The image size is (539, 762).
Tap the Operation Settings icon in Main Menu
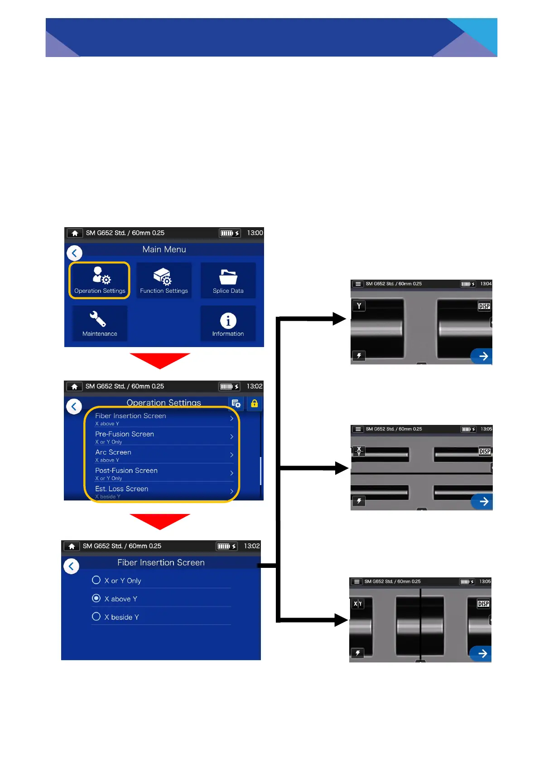click(x=100, y=280)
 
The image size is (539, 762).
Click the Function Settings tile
click(x=164, y=280)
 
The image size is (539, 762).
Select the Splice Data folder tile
click(x=228, y=280)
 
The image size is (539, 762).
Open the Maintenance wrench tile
click(x=100, y=323)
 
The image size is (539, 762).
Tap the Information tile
click(x=228, y=323)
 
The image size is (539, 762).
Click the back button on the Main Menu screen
click(x=74, y=253)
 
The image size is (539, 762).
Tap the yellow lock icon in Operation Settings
click(x=254, y=403)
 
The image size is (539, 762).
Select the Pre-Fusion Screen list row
click(x=163, y=437)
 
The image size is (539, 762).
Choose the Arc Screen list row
click(x=163, y=455)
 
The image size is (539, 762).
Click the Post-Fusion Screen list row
click(x=163, y=473)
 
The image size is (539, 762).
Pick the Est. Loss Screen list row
click(x=163, y=491)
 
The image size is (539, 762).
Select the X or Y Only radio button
click(x=96, y=580)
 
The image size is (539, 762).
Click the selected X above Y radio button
click(x=96, y=598)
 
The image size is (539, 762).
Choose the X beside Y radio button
click(x=96, y=616)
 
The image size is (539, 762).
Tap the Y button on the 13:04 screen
click(x=359, y=306)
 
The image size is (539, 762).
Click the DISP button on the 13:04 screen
click(x=484, y=306)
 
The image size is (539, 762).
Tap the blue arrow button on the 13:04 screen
click(x=482, y=356)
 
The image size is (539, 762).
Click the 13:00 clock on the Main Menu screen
click(x=255, y=233)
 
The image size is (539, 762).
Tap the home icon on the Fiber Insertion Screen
click(x=72, y=546)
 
